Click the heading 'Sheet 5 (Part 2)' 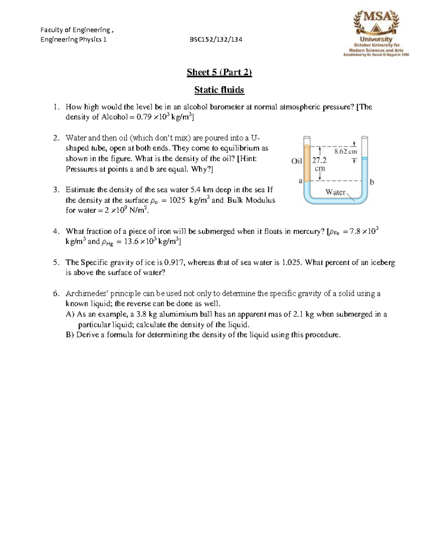click(x=219, y=73)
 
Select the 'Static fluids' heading click(x=219, y=90)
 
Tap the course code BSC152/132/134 click(x=216, y=39)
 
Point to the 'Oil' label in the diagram click(x=296, y=161)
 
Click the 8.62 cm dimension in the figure click(x=345, y=151)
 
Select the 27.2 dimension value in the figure click(x=319, y=161)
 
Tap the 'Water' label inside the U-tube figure click(x=335, y=192)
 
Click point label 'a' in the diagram click(x=300, y=181)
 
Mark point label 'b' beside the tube click(x=372, y=182)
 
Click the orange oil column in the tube click(x=307, y=162)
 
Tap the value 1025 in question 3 click(x=177, y=200)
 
